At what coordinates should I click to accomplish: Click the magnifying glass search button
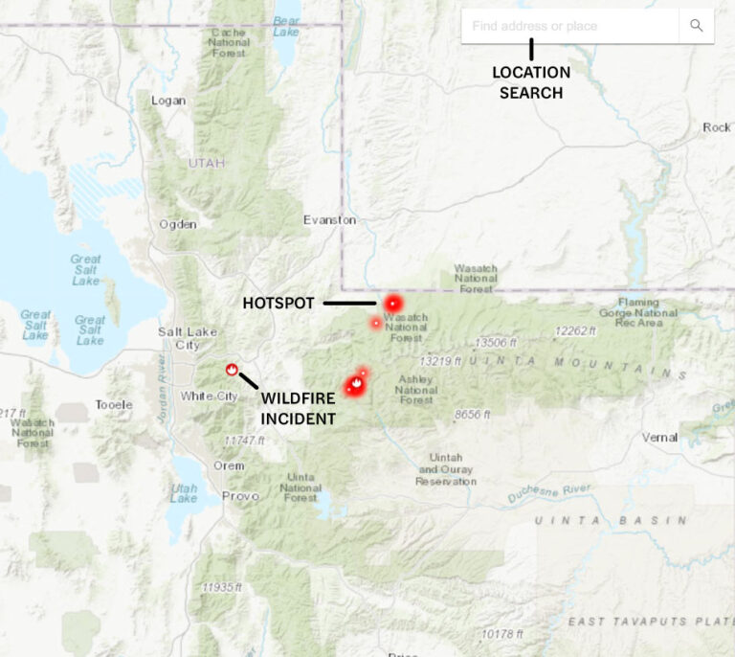(x=696, y=26)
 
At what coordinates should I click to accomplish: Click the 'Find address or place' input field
(x=569, y=26)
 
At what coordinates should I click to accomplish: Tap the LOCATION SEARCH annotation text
(x=531, y=82)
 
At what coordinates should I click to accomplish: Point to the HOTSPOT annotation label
(x=278, y=304)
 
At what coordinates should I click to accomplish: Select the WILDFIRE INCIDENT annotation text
(x=298, y=407)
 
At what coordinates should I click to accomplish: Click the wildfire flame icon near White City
(x=231, y=369)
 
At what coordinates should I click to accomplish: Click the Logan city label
(x=168, y=101)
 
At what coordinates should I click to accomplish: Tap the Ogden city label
(x=178, y=224)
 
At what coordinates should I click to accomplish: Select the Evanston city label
(x=329, y=219)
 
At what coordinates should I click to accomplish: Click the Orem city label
(x=229, y=465)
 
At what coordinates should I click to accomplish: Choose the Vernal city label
(x=659, y=438)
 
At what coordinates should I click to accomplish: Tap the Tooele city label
(x=114, y=405)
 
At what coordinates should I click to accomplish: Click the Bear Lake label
(x=286, y=25)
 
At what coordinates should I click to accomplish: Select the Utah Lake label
(x=184, y=493)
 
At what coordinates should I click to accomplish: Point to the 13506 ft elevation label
(x=496, y=343)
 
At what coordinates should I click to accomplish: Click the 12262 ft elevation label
(x=574, y=331)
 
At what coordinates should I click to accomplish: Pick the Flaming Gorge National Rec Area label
(x=643, y=311)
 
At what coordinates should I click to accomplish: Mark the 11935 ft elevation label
(x=222, y=587)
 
